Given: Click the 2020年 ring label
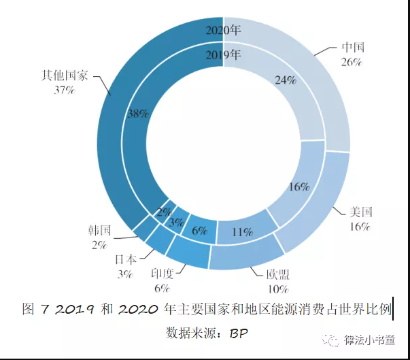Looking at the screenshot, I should pyautogui.click(x=223, y=30).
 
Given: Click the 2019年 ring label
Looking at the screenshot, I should pyautogui.click(x=223, y=54).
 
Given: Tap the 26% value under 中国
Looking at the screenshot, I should pyautogui.click(x=352, y=61).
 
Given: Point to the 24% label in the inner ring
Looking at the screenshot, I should pyautogui.click(x=286, y=80).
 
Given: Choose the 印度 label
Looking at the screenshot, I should pyautogui.click(x=163, y=274).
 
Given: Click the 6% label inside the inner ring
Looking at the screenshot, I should pyautogui.click(x=199, y=231).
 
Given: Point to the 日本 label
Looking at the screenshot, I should pyautogui.click(x=125, y=259).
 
